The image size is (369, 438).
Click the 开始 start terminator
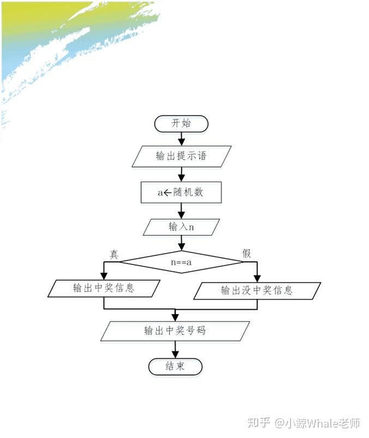[x=181, y=124]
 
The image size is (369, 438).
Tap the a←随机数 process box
[x=181, y=192]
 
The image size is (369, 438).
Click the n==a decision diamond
[x=181, y=262]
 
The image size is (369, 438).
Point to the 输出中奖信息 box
[x=104, y=288]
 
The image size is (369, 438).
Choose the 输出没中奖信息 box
[x=256, y=290]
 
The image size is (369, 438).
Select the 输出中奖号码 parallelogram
[x=175, y=331]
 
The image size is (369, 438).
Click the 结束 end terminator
[x=175, y=366]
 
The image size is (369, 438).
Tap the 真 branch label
[x=114, y=254]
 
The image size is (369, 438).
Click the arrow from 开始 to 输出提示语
[x=181, y=139]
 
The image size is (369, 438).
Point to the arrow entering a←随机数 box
[x=181, y=175]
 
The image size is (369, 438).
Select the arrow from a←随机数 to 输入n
[x=181, y=211]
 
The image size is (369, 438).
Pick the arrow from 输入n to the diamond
[x=181, y=243]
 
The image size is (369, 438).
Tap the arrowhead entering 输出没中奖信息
[x=257, y=278]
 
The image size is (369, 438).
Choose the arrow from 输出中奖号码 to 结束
[x=175, y=349]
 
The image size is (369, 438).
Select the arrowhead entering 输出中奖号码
[x=175, y=317]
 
